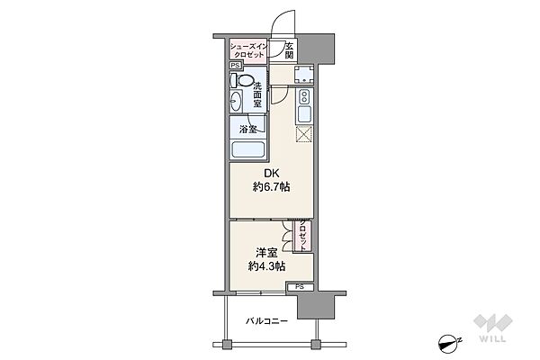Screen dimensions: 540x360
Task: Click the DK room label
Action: [272, 173]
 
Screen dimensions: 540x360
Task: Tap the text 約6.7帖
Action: [272, 187]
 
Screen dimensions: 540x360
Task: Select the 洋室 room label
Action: [266, 253]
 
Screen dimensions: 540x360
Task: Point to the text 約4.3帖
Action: [266, 266]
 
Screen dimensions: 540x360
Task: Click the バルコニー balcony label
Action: [267, 321]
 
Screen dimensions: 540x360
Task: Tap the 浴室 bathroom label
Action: [248, 130]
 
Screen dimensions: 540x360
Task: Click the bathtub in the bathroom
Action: [248, 149]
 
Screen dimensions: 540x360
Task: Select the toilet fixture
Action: [242, 81]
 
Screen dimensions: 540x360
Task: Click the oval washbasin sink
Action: [236, 101]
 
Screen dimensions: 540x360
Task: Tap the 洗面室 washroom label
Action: [257, 94]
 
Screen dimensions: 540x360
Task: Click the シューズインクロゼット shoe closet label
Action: [248, 50]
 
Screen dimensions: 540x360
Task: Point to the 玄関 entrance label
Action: [290, 50]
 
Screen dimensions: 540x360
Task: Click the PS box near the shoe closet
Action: [236, 65]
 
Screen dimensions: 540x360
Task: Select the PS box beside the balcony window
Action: [300, 287]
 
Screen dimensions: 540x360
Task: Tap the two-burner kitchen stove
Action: [304, 96]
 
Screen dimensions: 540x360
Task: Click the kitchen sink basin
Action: [304, 114]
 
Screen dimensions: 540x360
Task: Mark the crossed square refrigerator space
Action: [304, 134]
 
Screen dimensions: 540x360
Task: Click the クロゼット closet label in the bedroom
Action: [302, 237]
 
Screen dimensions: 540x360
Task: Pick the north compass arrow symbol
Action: [449, 342]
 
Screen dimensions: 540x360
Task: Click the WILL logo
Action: [493, 328]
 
